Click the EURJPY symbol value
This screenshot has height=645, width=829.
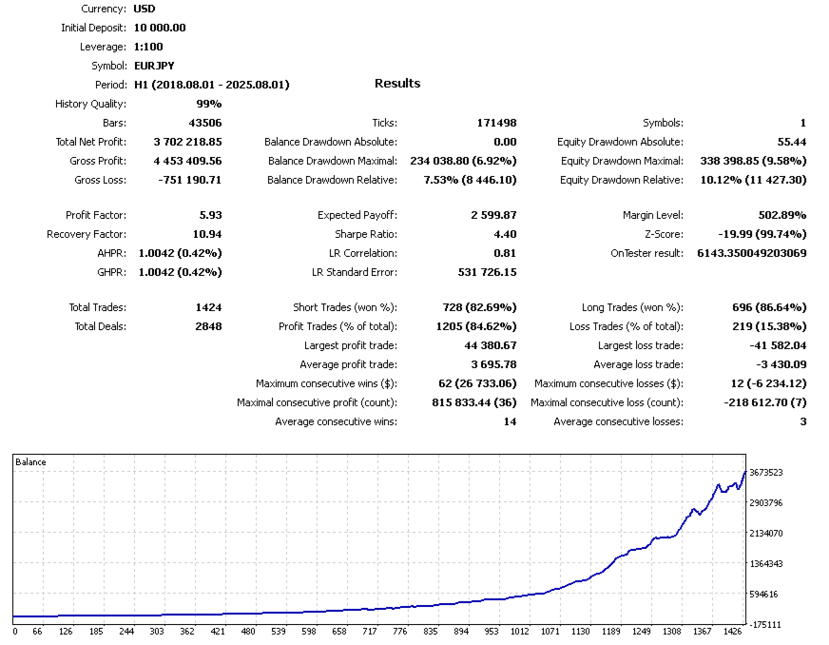point(154,66)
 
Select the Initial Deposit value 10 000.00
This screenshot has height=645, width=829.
point(160,28)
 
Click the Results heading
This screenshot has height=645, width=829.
point(397,84)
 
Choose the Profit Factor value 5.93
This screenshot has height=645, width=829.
point(208,215)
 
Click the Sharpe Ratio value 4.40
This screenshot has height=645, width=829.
point(505,234)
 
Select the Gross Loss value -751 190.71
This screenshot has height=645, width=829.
point(187,180)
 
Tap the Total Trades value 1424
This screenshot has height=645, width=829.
point(207,307)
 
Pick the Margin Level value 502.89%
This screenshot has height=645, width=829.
point(779,215)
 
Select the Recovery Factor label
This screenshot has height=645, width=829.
point(87,234)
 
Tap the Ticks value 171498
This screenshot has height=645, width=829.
point(496,123)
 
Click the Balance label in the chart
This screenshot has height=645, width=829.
point(30,462)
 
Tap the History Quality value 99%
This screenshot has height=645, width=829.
point(209,104)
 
